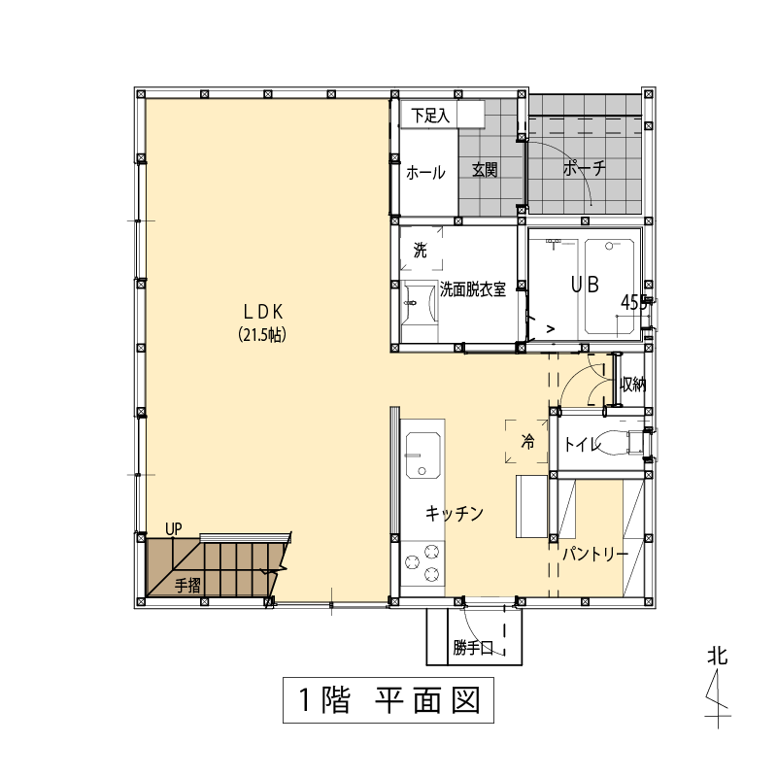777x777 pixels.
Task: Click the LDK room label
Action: coord(263,312)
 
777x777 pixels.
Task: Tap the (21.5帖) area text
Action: coord(262,335)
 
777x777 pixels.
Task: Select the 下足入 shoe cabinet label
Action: coord(430,116)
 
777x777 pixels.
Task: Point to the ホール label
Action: coord(425,173)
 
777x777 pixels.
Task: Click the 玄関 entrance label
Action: coord(485,170)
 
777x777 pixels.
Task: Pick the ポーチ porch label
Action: coord(585,168)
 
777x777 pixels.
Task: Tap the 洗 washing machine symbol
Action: coord(421,249)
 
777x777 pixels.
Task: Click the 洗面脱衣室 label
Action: coord(473,289)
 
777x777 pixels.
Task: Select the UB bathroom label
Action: coord(586,285)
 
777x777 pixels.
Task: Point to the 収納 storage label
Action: coord(633,384)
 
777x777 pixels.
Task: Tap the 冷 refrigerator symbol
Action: coord(526,441)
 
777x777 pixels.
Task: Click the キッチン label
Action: coord(455,514)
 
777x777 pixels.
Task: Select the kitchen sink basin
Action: coord(422,455)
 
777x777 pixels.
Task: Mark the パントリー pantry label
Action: coord(595,554)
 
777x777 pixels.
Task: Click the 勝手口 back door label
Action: coord(473,647)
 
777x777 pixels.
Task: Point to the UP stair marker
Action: coord(174,529)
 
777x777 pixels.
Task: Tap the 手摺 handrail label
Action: coord(187,586)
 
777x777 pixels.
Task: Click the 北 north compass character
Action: coord(718,656)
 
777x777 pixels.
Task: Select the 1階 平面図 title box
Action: coord(388,699)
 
